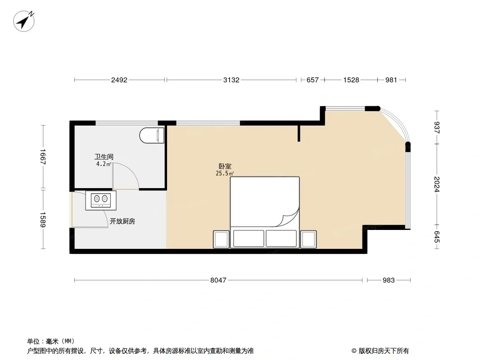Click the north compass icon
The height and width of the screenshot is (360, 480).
coord(24,21)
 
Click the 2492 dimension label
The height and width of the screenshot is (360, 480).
coord(119,80)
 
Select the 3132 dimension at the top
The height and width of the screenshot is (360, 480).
coord(231,80)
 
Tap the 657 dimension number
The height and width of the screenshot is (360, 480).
coord(312,80)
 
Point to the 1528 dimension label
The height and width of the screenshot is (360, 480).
coord(351,80)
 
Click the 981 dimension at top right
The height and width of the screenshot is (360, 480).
coord(391,80)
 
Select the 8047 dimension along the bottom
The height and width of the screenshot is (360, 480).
coord(218,280)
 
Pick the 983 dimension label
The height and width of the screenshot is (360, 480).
coord(389,280)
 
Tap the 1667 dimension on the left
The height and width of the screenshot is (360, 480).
coord(42,157)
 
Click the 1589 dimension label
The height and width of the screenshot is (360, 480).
coord(42,220)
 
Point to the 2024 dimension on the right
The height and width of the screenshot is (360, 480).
coord(437,184)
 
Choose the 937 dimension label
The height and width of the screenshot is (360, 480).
coord(437,127)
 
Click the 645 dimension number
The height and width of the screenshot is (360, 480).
coord(437,237)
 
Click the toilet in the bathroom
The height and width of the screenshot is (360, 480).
coord(152,135)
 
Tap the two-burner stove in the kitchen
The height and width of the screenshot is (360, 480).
coord(101,200)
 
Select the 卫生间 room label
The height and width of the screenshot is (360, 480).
coord(104,157)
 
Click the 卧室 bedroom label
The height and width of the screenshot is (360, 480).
coord(225,166)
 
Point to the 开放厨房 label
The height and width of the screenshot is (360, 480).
coord(122,221)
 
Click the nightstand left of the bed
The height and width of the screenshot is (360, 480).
coord(222,239)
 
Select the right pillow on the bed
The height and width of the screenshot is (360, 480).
coord(281,238)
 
